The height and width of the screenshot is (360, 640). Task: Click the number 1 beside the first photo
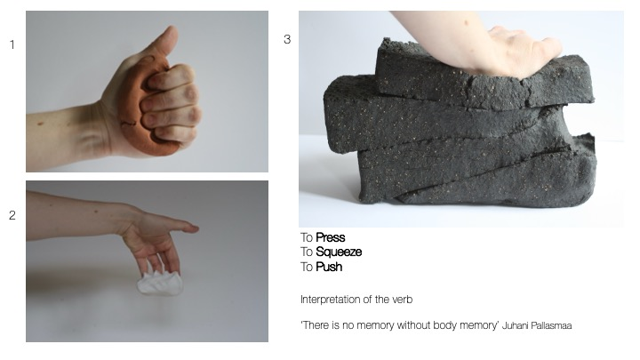pos(12,45)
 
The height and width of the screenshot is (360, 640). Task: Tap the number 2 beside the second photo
pos(12,215)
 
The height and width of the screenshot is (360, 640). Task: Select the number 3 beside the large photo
pos(287,40)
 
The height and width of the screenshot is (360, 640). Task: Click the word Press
pos(330,237)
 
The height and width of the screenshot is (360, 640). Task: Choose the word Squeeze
pos(339,252)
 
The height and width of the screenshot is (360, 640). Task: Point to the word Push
pos(329,267)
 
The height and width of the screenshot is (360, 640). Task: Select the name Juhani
pos(515,325)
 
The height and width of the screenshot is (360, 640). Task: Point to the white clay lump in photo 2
pos(160,283)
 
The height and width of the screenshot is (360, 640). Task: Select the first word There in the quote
pos(314,325)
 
